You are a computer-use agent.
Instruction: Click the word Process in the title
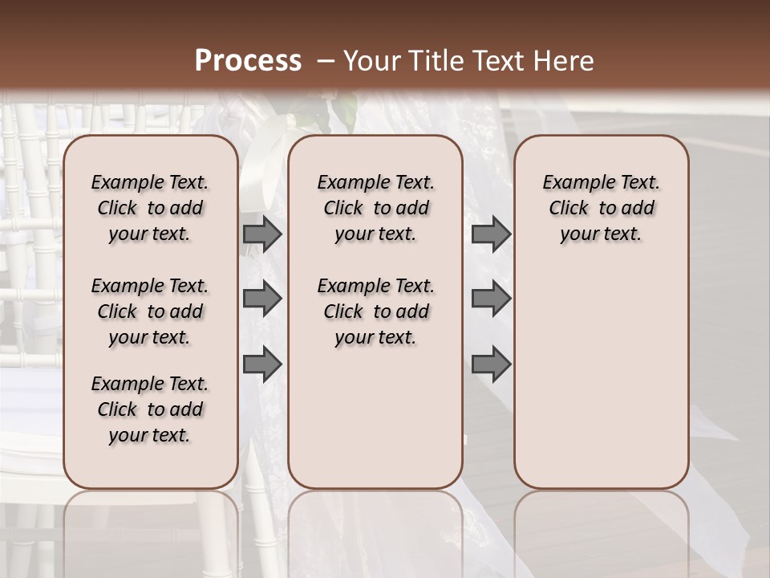pos(248,61)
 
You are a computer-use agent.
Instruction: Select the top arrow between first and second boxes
pos(262,234)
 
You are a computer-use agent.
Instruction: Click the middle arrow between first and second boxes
pos(262,299)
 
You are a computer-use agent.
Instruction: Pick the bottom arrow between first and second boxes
pos(262,364)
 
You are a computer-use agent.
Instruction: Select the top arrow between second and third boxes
pos(491,234)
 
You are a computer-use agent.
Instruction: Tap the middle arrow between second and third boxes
pos(491,299)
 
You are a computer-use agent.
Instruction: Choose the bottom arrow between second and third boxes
pos(491,364)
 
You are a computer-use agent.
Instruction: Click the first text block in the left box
pos(150,208)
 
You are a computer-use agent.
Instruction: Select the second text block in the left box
pos(150,311)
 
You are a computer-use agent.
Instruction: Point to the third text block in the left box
pos(150,409)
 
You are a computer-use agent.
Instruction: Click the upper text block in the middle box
pos(375,208)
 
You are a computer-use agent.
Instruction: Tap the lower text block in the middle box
pos(375,311)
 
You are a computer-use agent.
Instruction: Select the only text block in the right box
pos(601,208)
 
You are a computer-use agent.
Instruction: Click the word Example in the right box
pos(573,183)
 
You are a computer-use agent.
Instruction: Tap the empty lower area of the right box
pos(601,369)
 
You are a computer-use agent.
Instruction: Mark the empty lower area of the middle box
pos(375,417)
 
